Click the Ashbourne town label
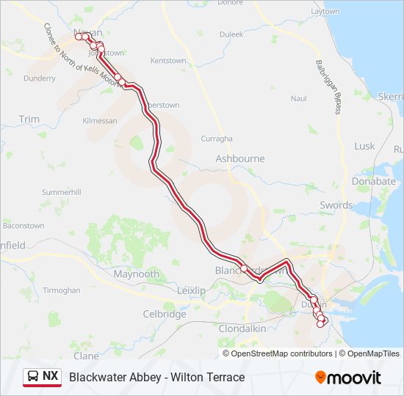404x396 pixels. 239,158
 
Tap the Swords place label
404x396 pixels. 336,205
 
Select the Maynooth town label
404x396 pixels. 136,274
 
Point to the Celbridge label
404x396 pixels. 165,314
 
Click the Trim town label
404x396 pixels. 29,119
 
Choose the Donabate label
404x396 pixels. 373,181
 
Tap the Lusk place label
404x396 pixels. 364,146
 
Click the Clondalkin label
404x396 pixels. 242,329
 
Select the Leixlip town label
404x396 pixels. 192,290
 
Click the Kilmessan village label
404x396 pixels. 101,120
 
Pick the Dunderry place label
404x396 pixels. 39,78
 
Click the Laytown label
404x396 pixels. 325,12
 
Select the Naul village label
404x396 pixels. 298,98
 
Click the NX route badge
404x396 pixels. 50,377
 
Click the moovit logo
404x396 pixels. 348,378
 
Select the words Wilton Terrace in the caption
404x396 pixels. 208,377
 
